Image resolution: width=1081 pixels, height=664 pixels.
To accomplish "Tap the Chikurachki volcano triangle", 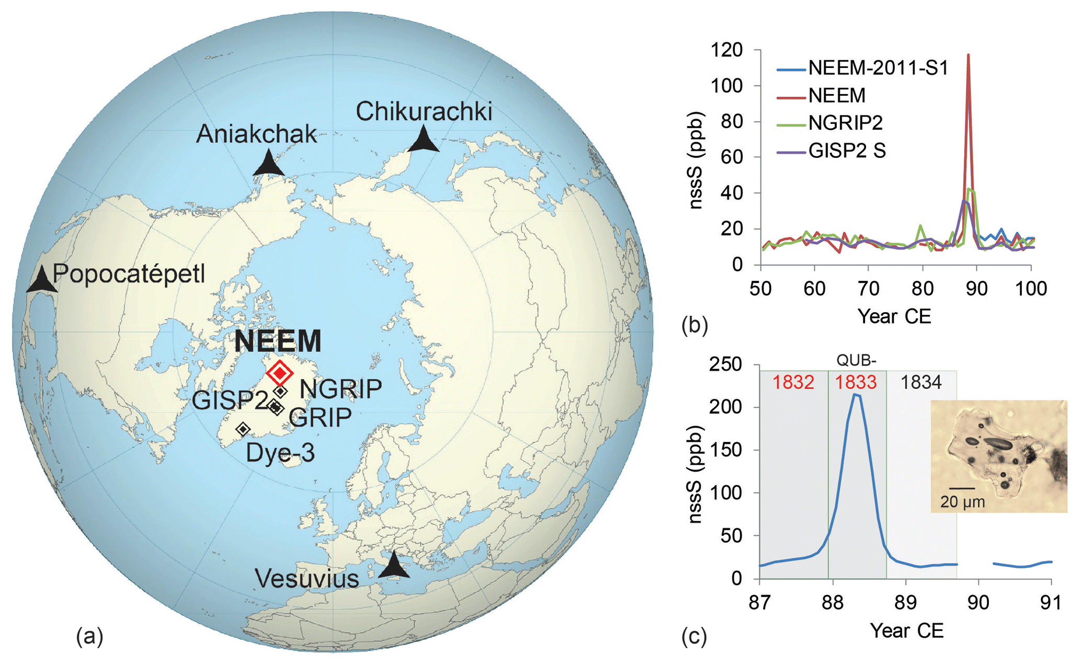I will pyautogui.click(x=423, y=141).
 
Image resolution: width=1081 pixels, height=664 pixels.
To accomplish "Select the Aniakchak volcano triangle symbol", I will pyautogui.click(x=269, y=164).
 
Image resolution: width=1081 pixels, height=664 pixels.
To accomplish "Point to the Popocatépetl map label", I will pyautogui.click(x=129, y=274).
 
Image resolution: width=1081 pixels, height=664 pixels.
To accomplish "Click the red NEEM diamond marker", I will pyautogui.click(x=280, y=373).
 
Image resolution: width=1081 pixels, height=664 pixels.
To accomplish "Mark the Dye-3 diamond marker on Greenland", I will pyautogui.click(x=243, y=429).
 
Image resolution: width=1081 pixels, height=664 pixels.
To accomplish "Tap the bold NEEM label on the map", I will pyautogui.click(x=278, y=341).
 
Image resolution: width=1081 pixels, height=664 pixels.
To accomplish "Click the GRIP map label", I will pyautogui.click(x=320, y=417).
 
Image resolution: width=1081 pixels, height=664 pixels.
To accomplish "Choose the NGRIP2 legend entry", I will pyautogui.click(x=845, y=123).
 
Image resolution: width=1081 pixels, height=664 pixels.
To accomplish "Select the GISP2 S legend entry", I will pyautogui.click(x=847, y=151).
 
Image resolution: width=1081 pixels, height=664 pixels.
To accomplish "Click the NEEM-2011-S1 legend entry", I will pyautogui.click(x=878, y=68).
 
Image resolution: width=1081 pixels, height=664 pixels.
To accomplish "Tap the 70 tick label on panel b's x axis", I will pyautogui.click(x=868, y=288).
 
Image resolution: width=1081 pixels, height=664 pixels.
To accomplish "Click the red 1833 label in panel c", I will pyautogui.click(x=856, y=382).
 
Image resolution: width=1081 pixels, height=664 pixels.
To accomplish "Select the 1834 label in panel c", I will pyautogui.click(x=920, y=382).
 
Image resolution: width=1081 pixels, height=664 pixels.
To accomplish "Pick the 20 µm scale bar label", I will pyautogui.click(x=962, y=502).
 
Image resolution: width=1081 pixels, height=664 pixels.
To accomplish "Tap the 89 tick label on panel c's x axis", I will pyautogui.click(x=905, y=603).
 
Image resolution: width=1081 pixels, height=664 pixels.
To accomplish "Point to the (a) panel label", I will pyautogui.click(x=90, y=636).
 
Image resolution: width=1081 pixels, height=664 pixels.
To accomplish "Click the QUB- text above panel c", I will pyautogui.click(x=856, y=360).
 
